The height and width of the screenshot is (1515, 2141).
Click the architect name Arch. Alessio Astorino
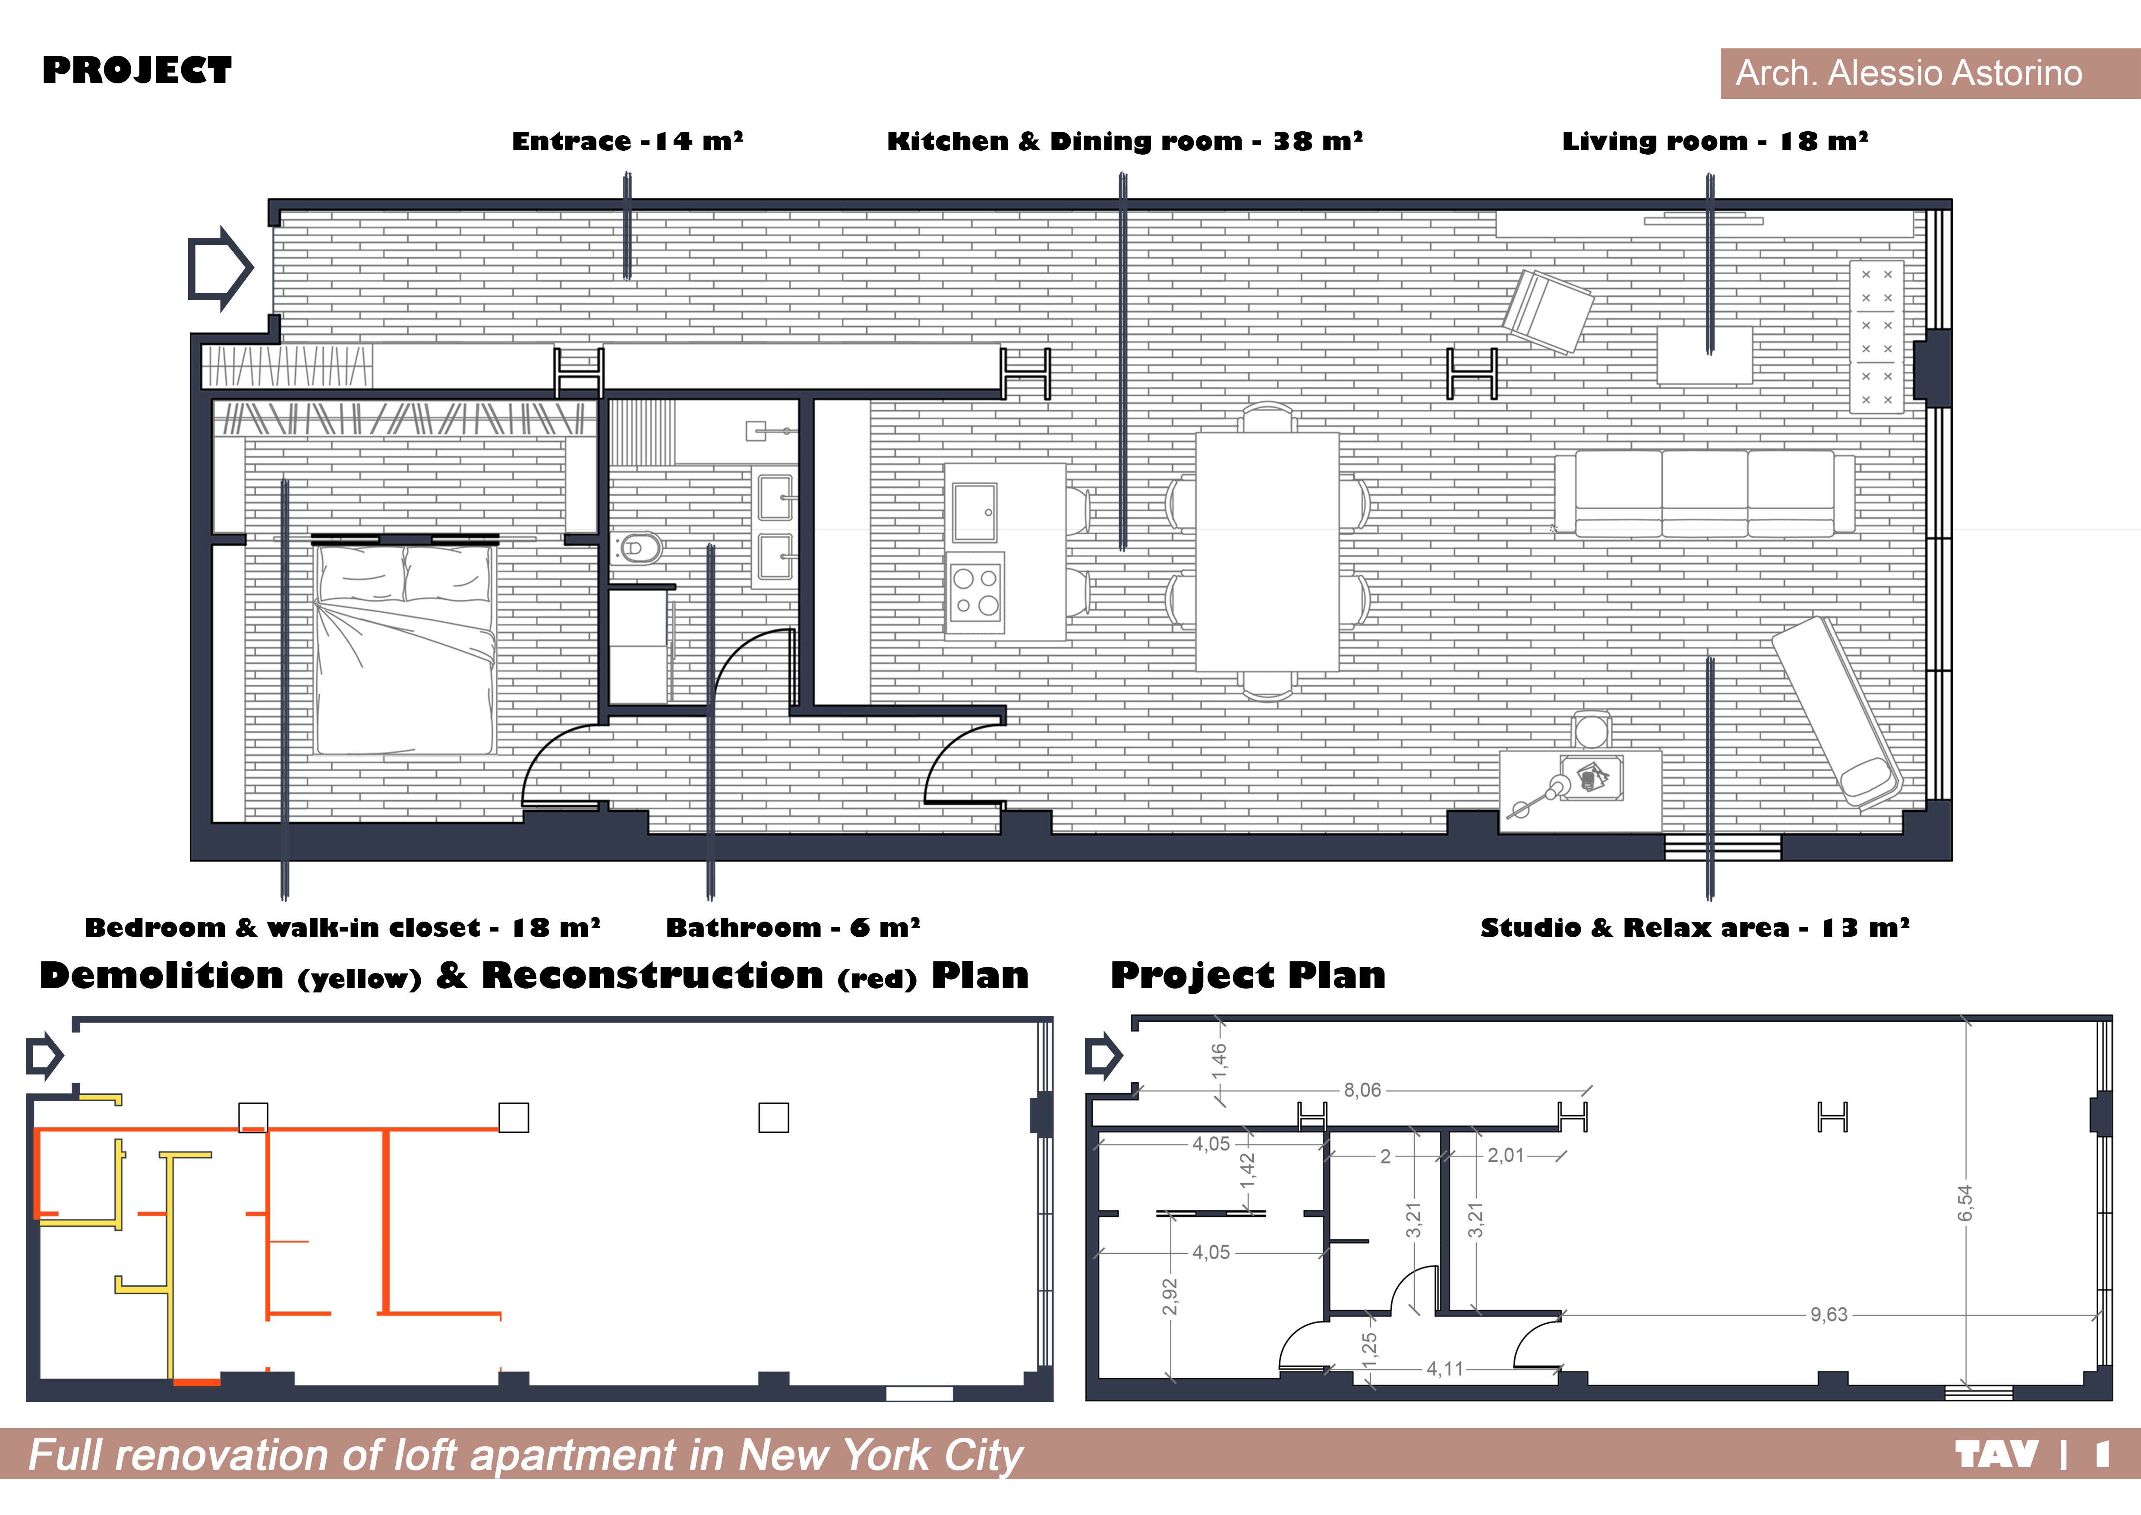point(1908,73)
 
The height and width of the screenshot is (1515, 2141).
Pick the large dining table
point(1267,551)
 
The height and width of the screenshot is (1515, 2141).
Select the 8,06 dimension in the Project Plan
point(1362,1090)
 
